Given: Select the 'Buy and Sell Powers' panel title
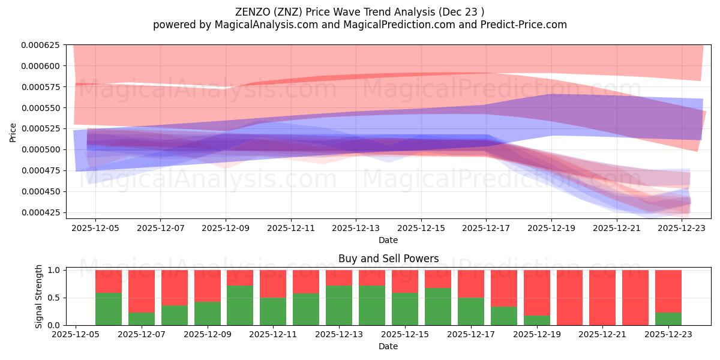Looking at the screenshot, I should click(388, 259).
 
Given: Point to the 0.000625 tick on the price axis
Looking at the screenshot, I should click(41, 45).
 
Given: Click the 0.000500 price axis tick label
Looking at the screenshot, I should click(41, 149).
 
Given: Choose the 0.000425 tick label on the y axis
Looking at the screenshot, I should click(41, 212).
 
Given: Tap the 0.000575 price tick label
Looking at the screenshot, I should click(41, 87).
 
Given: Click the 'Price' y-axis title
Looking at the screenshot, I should click(13, 132).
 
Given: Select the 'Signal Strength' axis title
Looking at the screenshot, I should click(38, 296).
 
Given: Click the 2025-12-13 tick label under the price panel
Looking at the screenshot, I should click(356, 229).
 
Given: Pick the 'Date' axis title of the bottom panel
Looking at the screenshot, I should click(388, 346).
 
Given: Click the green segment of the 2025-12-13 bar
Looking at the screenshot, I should click(339, 305).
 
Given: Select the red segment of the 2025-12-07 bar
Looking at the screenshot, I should click(142, 291).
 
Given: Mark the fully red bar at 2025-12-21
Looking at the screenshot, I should click(602, 298).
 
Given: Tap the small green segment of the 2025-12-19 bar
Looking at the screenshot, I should click(536, 320).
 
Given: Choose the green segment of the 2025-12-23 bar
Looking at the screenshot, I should click(668, 319).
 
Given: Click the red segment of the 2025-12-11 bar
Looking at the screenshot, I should click(273, 284).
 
